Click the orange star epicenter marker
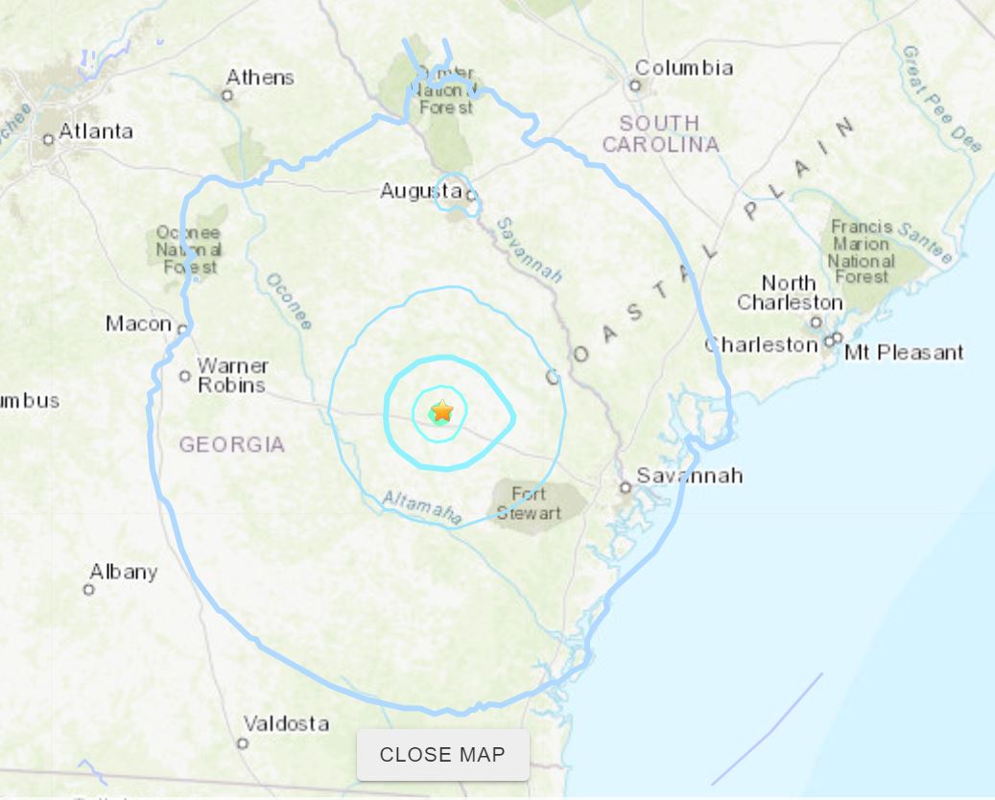(x=441, y=412)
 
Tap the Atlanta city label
(x=96, y=131)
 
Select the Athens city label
(x=260, y=78)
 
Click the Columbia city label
(x=684, y=68)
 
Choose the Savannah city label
(x=689, y=476)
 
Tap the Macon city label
(x=138, y=324)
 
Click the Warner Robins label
(x=232, y=375)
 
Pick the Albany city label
(x=123, y=572)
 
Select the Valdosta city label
(x=286, y=723)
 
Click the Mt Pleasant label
(x=904, y=353)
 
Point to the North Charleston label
(x=789, y=293)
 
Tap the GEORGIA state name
(x=231, y=445)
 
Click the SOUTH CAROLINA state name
(x=659, y=134)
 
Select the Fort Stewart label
(x=529, y=504)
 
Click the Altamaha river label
(x=422, y=507)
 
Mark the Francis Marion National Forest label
(x=862, y=252)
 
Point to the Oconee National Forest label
(x=189, y=250)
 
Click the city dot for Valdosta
(x=243, y=742)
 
